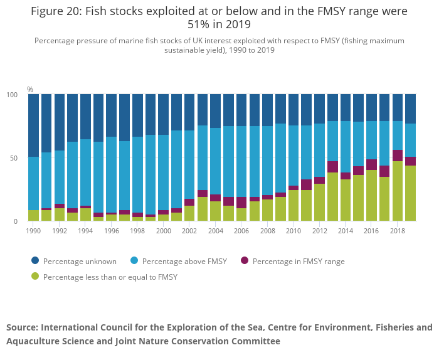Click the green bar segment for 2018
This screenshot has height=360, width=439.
coord(398,191)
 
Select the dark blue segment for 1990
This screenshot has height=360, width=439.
coord(34,125)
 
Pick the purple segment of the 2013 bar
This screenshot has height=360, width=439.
coord(332,167)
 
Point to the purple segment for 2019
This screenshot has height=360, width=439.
coord(411,161)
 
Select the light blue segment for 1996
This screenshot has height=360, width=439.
coord(112,175)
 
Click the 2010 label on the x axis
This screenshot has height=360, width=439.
coord(294,231)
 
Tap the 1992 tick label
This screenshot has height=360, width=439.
coord(60,231)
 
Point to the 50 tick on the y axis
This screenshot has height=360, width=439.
coord(19,158)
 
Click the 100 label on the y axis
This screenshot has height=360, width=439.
coord(17,95)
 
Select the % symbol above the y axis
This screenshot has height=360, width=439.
coord(30,90)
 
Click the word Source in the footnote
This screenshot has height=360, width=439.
coord(22,327)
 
